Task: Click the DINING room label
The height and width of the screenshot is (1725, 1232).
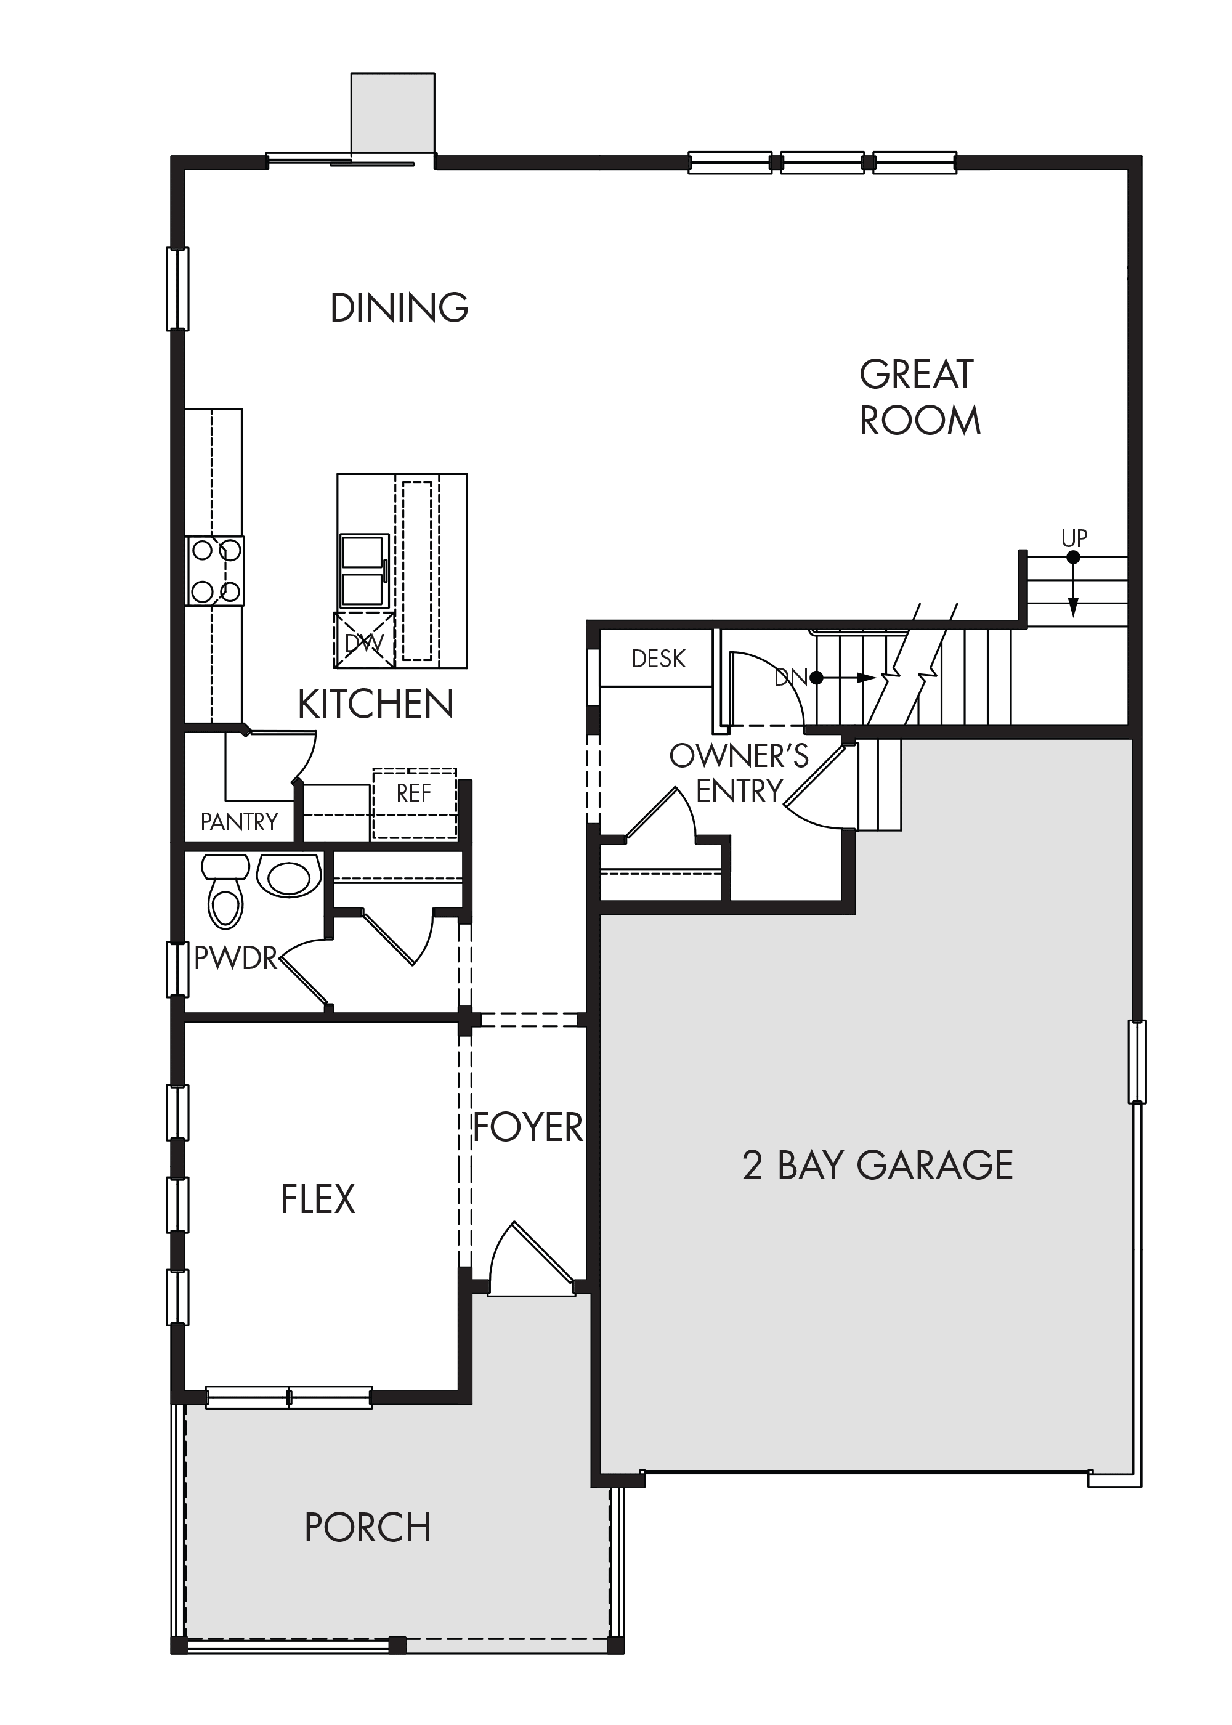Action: tap(400, 307)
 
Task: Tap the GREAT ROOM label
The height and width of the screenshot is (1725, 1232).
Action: tap(920, 397)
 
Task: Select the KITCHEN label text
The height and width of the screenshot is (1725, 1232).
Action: tap(376, 704)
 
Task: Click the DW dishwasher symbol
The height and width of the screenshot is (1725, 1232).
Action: tap(364, 641)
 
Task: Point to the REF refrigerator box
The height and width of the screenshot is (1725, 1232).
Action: tap(414, 804)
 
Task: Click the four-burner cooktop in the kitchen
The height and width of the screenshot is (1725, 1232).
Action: tap(215, 570)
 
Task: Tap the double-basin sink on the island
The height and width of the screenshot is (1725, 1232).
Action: tap(363, 571)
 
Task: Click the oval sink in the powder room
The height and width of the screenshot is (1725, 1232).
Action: tap(288, 876)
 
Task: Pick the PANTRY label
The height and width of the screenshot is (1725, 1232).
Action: tap(239, 822)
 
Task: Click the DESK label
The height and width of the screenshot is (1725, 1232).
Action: tap(659, 659)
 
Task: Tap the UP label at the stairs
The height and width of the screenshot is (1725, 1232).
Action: tap(1074, 538)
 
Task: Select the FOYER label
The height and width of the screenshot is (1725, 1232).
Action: tap(528, 1127)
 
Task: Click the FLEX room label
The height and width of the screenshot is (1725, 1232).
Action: tap(318, 1199)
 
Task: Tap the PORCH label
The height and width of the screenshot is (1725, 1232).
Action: tap(368, 1528)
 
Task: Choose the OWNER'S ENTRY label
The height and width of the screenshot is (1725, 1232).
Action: tap(739, 773)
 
